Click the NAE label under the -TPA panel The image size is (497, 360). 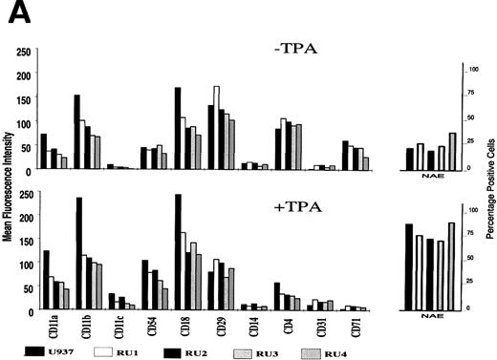click(431, 176)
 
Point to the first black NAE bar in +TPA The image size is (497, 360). click(409, 266)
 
